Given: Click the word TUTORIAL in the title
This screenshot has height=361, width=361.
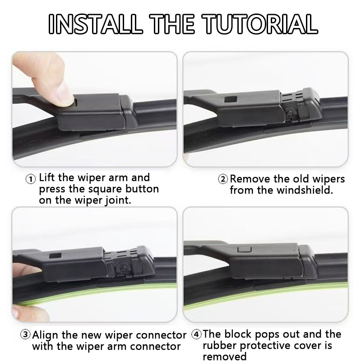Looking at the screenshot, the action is click(x=260, y=24).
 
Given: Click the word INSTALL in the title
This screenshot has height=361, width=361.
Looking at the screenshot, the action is click(x=94, y=24).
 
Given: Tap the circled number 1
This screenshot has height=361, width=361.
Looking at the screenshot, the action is click(x=30, y=179).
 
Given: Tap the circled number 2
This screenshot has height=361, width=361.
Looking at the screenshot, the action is click(x=223, y=179).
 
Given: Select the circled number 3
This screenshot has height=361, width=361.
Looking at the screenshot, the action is click(x=25, y=334).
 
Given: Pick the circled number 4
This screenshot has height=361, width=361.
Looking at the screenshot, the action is click(x=196, y=334).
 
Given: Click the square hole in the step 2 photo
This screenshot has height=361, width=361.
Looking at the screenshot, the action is click(x=231, y=99).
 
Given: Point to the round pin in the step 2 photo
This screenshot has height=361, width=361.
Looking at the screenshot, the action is click(x=289, y=113).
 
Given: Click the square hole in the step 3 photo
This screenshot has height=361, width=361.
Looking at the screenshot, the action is click(x=55, y=256).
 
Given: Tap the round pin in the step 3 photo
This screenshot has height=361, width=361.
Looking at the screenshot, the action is click(x=123, y=268).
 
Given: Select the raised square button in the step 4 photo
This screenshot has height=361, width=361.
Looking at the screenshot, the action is click(x=244, y=249).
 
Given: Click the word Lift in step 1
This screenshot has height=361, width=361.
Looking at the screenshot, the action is click(x=47, y=177).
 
